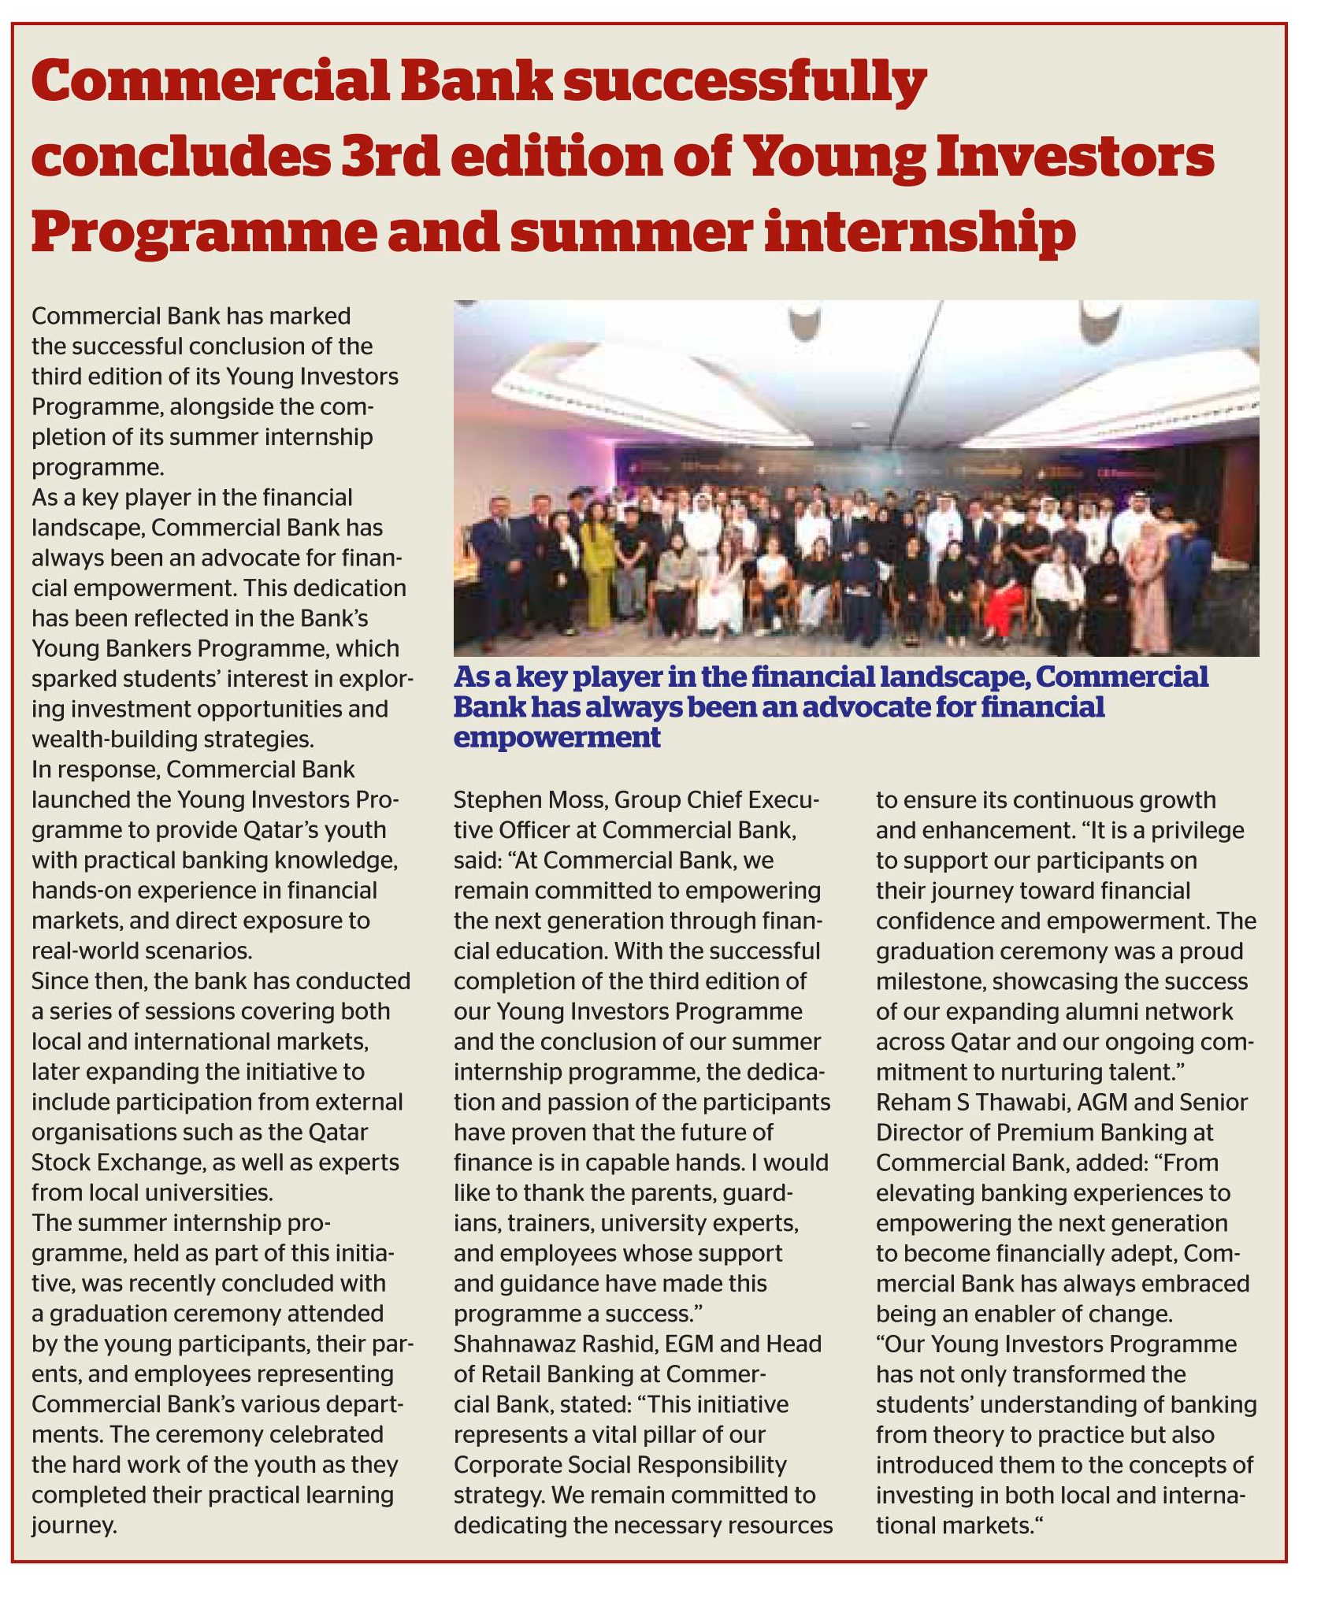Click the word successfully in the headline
point(744,82)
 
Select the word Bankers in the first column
point(154,648)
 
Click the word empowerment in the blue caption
point(557,738)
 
